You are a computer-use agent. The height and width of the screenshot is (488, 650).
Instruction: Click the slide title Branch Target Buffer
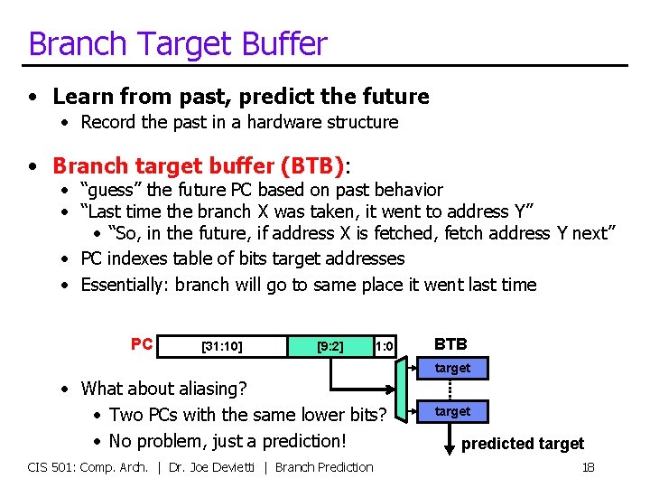177,43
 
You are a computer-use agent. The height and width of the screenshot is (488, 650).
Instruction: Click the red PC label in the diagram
142,344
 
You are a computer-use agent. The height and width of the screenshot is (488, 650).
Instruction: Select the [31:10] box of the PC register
221,345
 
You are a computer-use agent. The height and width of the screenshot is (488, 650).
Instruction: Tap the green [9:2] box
330,345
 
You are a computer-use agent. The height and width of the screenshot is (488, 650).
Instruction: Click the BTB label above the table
450,344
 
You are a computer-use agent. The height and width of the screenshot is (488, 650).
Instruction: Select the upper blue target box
452,368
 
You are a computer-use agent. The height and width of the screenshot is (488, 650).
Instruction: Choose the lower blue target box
452,411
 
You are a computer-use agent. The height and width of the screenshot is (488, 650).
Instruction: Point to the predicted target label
523,444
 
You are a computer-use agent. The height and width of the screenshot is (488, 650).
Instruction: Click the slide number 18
588,467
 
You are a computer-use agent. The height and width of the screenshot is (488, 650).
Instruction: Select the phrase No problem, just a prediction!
227,441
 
